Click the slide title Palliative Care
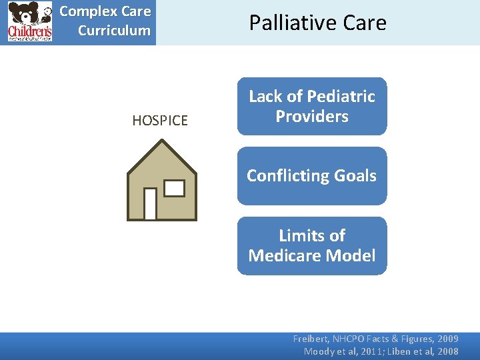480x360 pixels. (317, 23)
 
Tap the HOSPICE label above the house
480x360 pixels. (160, 121)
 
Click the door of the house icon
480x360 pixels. (150, 203)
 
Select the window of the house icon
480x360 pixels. (174, 189)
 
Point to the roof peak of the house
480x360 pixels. (162, 141)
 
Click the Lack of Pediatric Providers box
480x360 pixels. (312, 106)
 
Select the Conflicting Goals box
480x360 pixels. (312, 176)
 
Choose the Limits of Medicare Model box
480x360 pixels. (312, 245)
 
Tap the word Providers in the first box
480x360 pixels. (312, 117)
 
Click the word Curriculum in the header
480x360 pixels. (114, 31)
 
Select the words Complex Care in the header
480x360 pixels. (105, 12)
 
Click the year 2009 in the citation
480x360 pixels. (447, 339)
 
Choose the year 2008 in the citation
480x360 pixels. (447, 351)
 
